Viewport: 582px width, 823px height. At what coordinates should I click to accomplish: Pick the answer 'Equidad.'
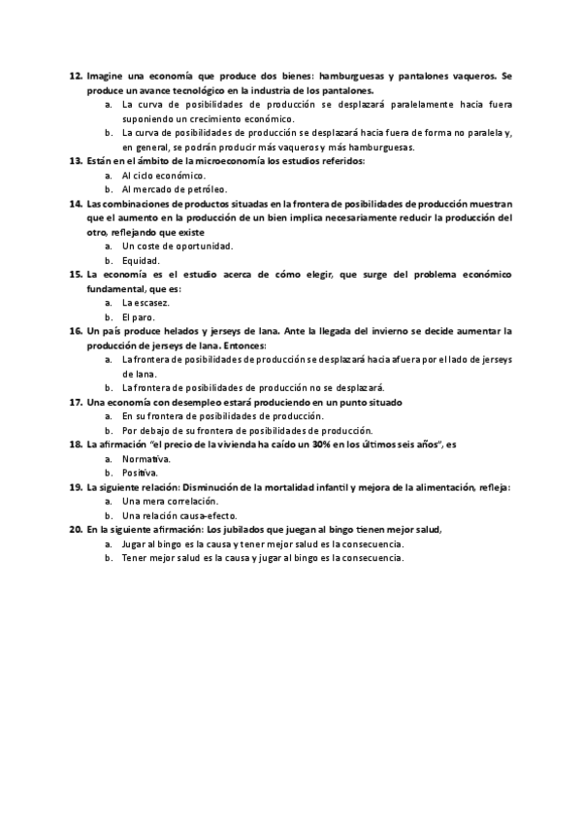click(141, 260)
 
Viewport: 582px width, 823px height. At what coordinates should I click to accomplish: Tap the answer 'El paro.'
click(139, 317)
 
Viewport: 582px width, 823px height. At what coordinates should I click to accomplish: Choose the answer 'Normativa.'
click(146, 459)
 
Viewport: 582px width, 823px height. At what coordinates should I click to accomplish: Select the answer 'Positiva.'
click(142, 473)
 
